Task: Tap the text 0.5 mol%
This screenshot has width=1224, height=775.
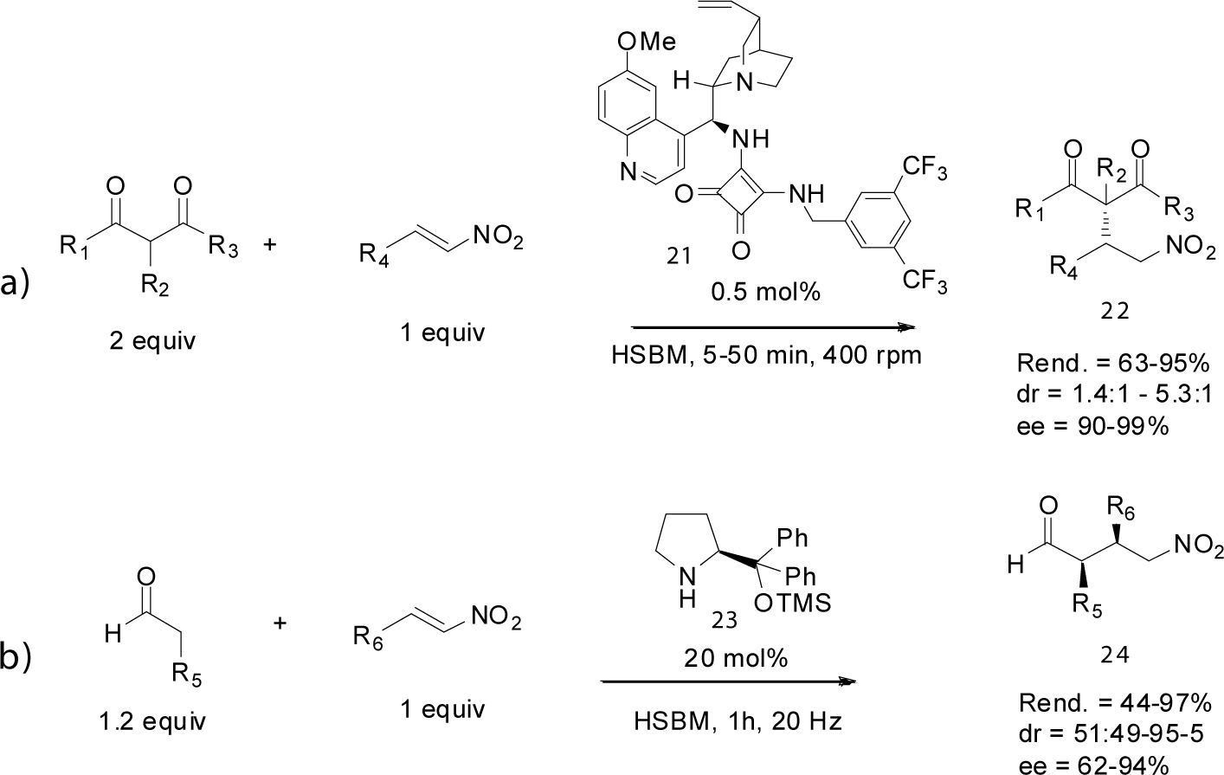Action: pos(764,292)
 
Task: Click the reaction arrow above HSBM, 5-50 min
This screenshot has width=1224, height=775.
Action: pos(773,327)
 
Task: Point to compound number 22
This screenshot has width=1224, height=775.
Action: pos(1115,310)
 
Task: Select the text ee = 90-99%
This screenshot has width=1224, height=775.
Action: pos(1092,426)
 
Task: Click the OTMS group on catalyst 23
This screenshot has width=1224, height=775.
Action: pos(792,604)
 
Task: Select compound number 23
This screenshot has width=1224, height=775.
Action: pos(725,619)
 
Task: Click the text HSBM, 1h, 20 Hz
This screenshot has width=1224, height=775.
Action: pos(738,720)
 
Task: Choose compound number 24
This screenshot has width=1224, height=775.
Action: pos(1116,656)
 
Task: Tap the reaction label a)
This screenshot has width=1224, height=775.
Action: pos(17,283)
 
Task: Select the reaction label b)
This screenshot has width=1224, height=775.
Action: pos(17,657)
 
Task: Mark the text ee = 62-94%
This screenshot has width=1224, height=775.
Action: pos(1095,764)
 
